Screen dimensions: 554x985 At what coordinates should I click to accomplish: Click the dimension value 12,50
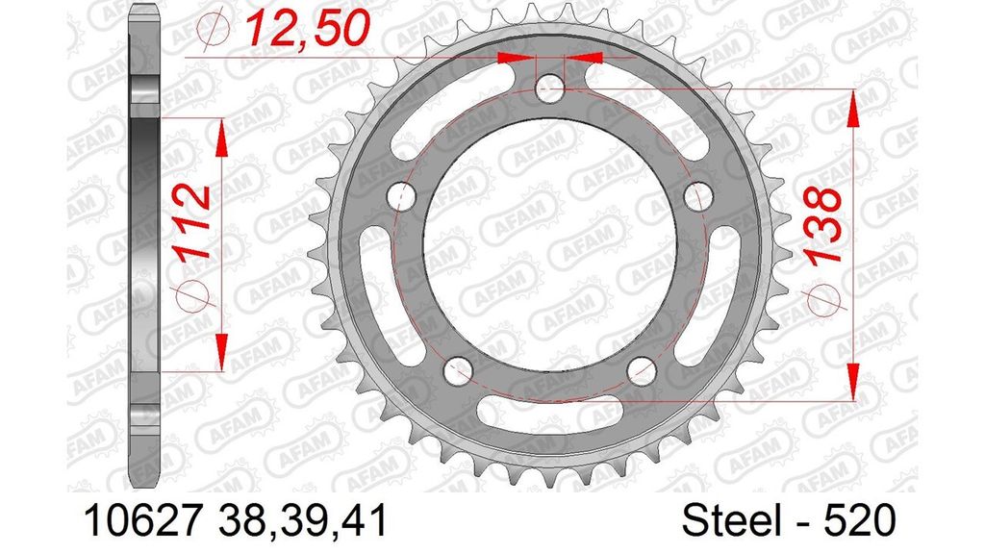tap(306, 29)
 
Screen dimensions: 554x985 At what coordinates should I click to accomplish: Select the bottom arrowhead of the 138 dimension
tap(852, 380)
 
